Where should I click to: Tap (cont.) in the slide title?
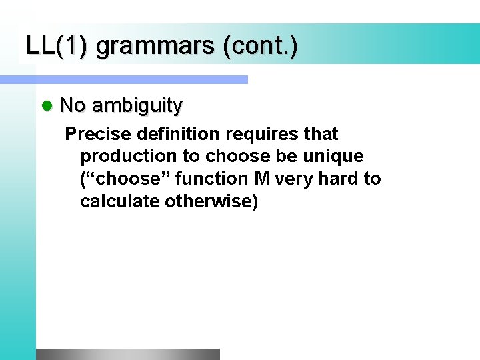pos(261,46)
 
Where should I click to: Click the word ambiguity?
pos(137,105)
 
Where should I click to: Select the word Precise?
pos(98,134)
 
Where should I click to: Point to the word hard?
pos(335,179)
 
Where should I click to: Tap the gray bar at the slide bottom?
pos(127,354)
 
